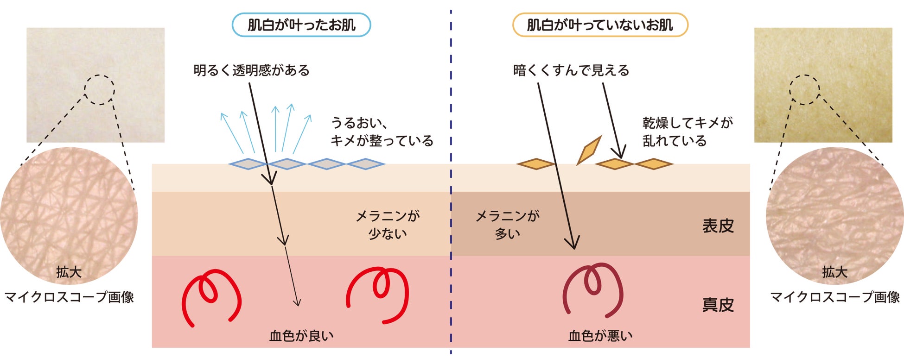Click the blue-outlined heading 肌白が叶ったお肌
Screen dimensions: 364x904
pyautogui.click(x=301, y=25)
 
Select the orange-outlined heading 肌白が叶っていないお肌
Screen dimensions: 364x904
pyautogui.click(x=599, y=25)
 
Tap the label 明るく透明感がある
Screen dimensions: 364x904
pyautogui.click(x=251, y=70)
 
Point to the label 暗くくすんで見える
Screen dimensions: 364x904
pyautogui.click(x=571, y=70)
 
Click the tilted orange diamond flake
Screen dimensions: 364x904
pyautogui.click(x=589, y=150)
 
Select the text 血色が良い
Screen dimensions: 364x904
pyautogui.click(x=301, y=336)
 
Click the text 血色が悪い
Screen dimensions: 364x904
pyautogui.click(x=600, y=336)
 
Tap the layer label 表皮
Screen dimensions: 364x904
pyautogui.click(x=718, y=226)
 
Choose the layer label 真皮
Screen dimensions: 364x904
pyautogui.click(x=718, y=305)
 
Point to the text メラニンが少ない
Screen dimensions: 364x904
pyautogui.click(x=388, y=225)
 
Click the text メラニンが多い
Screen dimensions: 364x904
pyautogui.click(x=508, y=225)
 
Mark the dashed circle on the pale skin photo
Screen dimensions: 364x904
pyautogui.click(x=99, y=90)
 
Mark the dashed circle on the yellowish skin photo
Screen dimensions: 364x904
pyautogui.click(x=804, y=90)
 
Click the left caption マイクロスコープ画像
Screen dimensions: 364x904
pyautogui.click(x=69, y=297)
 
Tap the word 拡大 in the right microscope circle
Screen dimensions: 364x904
pyautogui.click(x=834, y=272)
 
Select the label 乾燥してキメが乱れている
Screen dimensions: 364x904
pyautogui.click(x=688, y=132)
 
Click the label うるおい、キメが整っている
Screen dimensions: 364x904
pyautogui.click(x=382, y=132)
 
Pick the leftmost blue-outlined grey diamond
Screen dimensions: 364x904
pyautogui.click(x=248, y=164)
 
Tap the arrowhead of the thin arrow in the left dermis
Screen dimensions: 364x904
pyautogui.click(x=298, y=303)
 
